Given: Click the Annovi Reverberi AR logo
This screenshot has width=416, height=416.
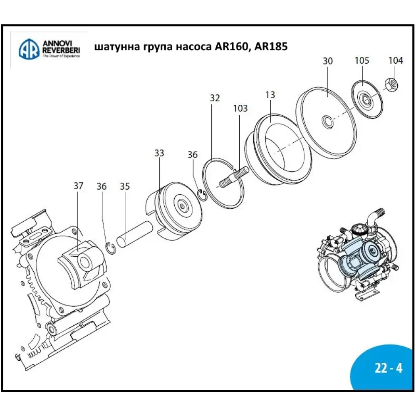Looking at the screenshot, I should (x=29, y=49).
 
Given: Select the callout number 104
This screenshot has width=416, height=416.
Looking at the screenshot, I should (x=396, y=61).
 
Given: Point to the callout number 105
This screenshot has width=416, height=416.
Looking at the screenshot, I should (x=362, y=61).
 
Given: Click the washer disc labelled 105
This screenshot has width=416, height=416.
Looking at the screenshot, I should (x=366, y=99).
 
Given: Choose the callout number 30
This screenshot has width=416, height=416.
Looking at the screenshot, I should (x=328, y=61).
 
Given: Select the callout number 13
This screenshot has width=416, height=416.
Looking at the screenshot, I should (x=270, y=95).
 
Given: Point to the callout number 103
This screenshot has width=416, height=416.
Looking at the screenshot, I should (x=240, y=109).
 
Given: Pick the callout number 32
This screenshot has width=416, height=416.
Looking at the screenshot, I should (x=215, y=98).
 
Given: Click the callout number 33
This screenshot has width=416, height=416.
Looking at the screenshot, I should (x=159, y=153).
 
